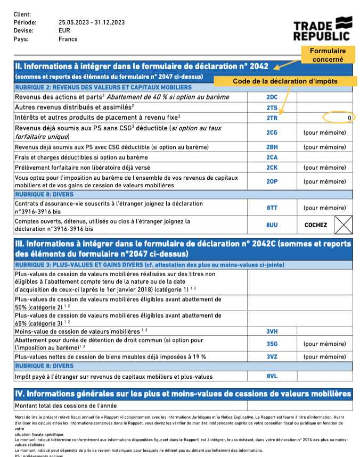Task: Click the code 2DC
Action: coord(272,97)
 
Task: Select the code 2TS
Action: coord(272,107)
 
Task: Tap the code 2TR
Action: coord(272,118)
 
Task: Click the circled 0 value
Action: coord(349,118)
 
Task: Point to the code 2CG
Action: coord(272,132)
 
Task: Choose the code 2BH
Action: coord(272,147)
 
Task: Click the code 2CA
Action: coord(272,157)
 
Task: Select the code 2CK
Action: coord(272,168)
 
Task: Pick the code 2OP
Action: coord(272,181)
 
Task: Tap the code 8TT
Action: coord(272,208)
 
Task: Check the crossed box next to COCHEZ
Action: coord(343,225)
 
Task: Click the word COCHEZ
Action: coord(316,225)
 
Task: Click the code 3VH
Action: coord(272,331)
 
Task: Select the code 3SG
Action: coord(272,344)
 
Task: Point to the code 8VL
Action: coord(272,377)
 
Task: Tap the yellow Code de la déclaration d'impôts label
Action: coord(285,81)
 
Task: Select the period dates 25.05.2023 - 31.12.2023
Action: coord(92,22)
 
